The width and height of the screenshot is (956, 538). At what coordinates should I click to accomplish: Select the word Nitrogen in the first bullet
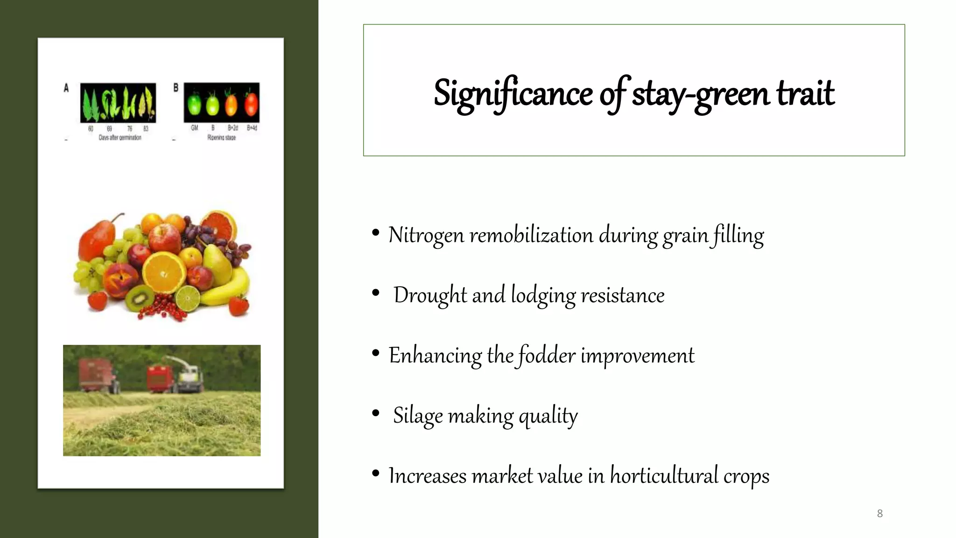tap(426, 235)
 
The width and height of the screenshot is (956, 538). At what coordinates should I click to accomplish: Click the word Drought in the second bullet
tap(429, 295)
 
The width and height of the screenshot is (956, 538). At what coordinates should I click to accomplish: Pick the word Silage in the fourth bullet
tap(417, 415)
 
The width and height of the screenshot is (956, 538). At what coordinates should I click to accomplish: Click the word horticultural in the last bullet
tap(664, 476)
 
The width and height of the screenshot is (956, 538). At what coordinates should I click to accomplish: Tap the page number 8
tap(879, 514)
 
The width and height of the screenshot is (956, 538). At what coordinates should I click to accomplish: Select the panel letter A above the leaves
tap(66, 88)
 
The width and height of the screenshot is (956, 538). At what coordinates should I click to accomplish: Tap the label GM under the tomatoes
tap(194, 128)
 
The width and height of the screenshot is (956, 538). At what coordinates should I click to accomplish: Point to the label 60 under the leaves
tap(91, 128)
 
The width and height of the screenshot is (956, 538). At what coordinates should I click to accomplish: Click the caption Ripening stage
tap(221, 138)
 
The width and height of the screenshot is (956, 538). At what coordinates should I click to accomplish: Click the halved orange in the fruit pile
tap(164, 272)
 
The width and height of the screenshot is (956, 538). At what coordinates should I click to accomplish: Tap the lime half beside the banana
tap(187, 296)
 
